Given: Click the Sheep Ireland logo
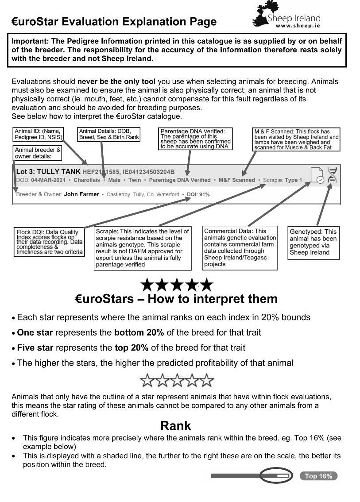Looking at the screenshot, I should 286,16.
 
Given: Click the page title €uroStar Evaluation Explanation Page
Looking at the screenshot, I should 114,22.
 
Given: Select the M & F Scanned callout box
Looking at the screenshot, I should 296,140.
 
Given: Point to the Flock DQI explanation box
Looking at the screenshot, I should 49,242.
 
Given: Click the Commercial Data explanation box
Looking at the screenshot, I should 240,247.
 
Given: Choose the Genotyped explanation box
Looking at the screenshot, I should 313,242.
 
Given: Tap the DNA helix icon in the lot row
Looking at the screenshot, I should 332,175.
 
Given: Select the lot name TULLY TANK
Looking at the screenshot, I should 59,171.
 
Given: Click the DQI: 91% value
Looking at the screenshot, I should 198,194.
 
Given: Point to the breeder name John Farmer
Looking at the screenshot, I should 81,194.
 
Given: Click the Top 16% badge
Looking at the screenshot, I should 318,476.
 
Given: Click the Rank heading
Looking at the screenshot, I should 175,425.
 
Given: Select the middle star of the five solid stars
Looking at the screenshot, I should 176,285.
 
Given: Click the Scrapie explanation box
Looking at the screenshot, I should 143,248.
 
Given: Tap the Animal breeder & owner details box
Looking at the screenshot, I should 38,153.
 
